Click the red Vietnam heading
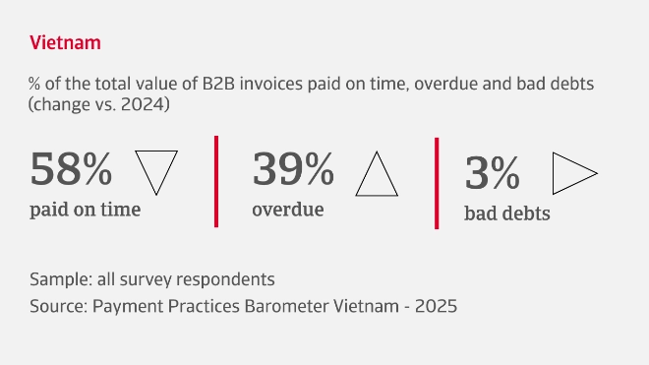tap(65, 43)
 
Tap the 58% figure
tap(72, 170)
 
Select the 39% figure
tap(293, 170)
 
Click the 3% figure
tap(492, 174)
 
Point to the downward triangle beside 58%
tap(155, 171)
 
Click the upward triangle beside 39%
tap(376, 174)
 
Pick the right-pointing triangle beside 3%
tap(573, 174)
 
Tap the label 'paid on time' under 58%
tap(85, 209)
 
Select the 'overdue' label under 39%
tap(287, 209)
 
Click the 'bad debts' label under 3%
tap(506, 213)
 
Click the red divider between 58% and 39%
tap(214, 182)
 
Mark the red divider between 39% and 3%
tap(436, 182)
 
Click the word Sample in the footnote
tap(59, 278)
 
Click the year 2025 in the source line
tap(437, 306)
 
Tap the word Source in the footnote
tap(57, 306)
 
